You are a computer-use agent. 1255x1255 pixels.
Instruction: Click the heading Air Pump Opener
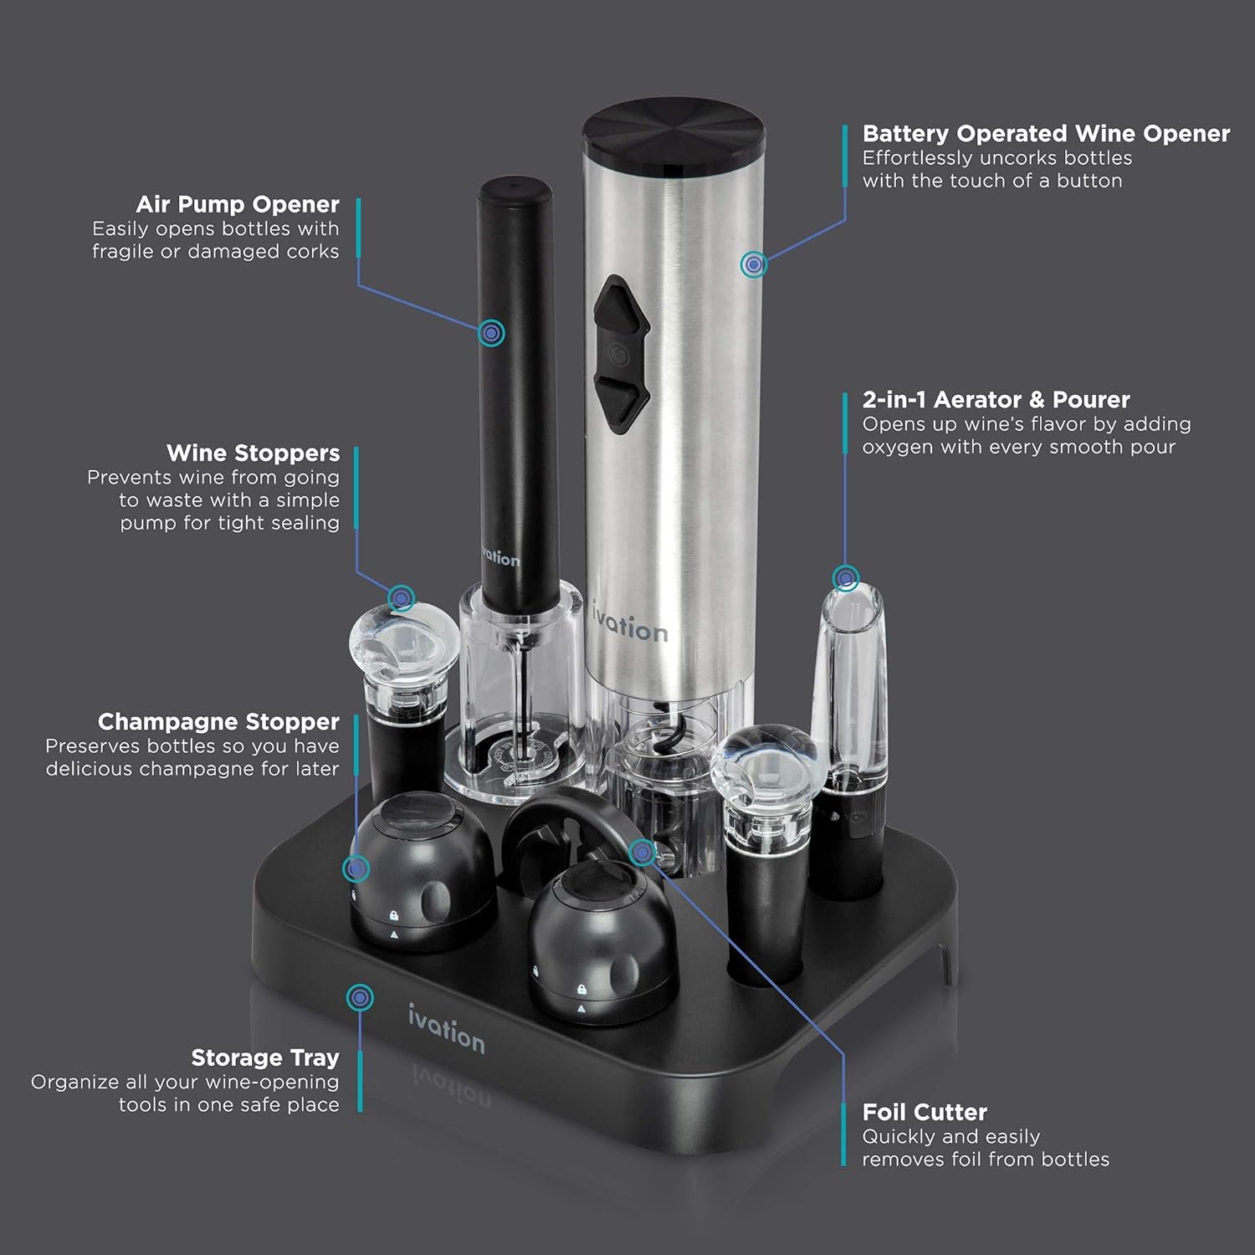point(238,205)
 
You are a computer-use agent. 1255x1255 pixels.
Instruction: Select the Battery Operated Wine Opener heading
point(1046,134)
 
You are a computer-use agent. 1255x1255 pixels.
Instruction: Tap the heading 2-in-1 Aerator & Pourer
point(996,400)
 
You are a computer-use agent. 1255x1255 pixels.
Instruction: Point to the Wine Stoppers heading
point(254,453)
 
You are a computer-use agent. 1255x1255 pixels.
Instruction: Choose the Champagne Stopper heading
point(218,722)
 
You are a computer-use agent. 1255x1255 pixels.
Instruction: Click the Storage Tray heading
point(265,1058)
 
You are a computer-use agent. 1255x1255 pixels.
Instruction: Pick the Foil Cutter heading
point(925,1113)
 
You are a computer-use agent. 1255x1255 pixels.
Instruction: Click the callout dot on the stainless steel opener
point(754,264)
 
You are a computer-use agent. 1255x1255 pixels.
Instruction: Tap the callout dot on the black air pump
point(492,333)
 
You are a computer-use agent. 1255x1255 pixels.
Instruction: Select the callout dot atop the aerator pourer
point(846,578)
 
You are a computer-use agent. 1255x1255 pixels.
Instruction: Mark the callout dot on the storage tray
point(360,997)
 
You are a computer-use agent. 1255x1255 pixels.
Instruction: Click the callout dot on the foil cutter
point(642,853)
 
